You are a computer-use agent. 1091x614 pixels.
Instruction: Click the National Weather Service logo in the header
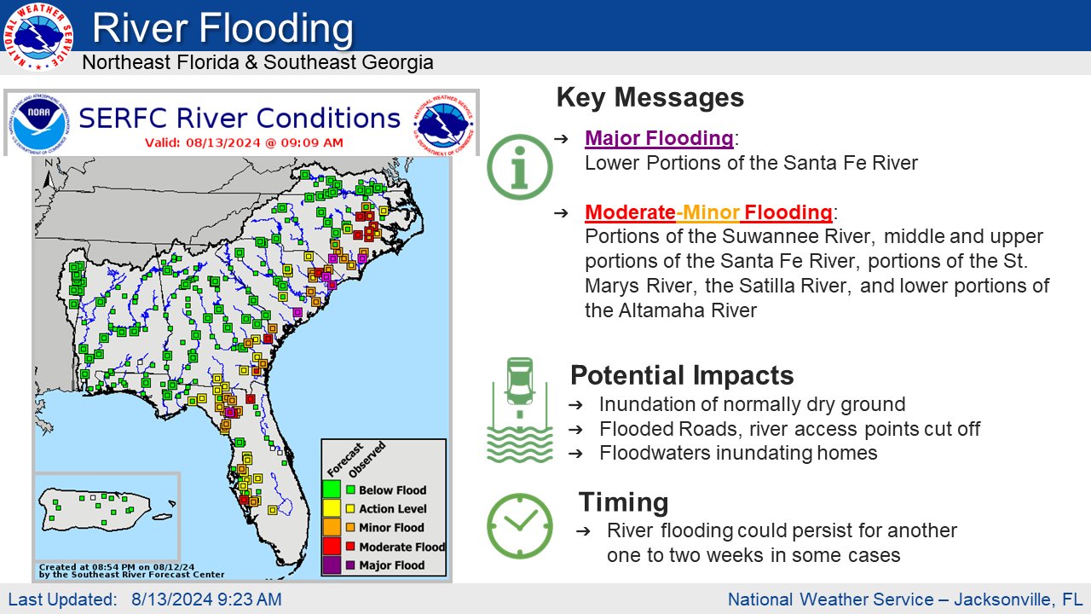[x=38, y=37]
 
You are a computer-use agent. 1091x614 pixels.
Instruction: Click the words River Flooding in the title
[x=222, y=29]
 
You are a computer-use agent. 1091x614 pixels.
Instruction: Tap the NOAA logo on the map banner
[x=38, y=124]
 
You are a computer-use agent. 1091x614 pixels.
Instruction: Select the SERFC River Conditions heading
[x=240, y=119]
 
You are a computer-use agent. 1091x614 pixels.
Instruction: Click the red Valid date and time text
[x=244, y=142]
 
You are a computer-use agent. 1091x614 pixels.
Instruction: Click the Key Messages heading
[x=649, y=97]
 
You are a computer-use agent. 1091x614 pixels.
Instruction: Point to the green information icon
[x=520, y=165]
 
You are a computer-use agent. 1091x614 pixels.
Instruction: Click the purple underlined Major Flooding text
[x=658, y=138]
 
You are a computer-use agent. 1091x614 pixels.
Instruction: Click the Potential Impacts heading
[x=681, y=375]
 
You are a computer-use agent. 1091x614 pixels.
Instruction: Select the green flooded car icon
[x=519, y=410]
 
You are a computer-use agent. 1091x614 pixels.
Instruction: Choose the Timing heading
[x=623, y=501]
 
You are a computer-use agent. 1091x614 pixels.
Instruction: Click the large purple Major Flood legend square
[x=331, y=565]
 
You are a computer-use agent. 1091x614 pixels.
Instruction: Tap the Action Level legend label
[x=392, y=509]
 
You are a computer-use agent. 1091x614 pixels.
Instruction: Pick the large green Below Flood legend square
[x=331, y=489]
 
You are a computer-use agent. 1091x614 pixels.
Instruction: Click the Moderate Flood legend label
[x=401, y=547]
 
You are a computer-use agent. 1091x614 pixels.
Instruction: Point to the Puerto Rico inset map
[x=107, y=515]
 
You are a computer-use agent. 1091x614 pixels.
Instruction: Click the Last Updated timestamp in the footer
[x=144, y=600]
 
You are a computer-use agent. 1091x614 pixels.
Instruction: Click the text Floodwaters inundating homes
[x=738, y=453]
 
